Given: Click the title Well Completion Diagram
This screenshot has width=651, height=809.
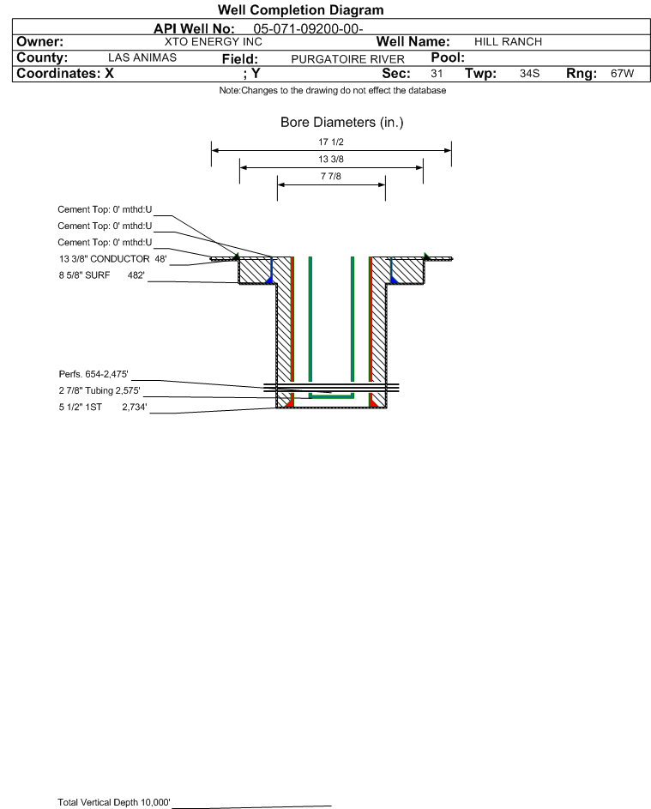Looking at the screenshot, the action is coord(301,9).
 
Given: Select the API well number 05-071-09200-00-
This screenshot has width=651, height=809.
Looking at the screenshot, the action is coord(308,29).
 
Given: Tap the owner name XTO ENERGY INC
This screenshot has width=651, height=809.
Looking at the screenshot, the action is coord(213,42).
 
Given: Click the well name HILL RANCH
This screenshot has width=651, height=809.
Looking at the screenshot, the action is coord(508,42).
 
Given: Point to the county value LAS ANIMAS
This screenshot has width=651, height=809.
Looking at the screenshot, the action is coord(142,57).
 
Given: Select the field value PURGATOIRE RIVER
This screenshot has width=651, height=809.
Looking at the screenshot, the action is coord(347,59).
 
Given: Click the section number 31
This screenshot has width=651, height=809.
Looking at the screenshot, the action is coord(437,73).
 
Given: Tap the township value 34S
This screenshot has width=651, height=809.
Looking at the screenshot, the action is coord(530,73).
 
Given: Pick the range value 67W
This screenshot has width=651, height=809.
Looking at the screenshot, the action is coord(622,73).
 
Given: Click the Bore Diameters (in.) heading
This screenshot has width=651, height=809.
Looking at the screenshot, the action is coord(342,123).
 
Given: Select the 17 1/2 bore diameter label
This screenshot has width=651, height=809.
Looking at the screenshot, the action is coord(331,142).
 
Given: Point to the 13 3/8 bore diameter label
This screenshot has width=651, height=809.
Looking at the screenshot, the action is coord(331,159).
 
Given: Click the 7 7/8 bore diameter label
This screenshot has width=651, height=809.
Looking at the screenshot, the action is coord(331,176).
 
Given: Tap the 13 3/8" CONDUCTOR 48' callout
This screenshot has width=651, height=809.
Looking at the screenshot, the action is coord(113,258).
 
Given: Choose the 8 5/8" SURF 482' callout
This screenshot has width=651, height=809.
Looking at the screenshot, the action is coord(101,275).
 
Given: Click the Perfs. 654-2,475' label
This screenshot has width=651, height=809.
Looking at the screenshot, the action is coord(93,374).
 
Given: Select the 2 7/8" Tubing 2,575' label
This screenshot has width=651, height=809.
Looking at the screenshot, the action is coord(99,390).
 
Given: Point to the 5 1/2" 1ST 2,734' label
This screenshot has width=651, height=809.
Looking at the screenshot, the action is coord(103,408).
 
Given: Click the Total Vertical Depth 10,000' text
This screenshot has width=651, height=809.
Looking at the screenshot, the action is coord(114,802).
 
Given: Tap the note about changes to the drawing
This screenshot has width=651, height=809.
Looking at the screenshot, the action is coord(333,90).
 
